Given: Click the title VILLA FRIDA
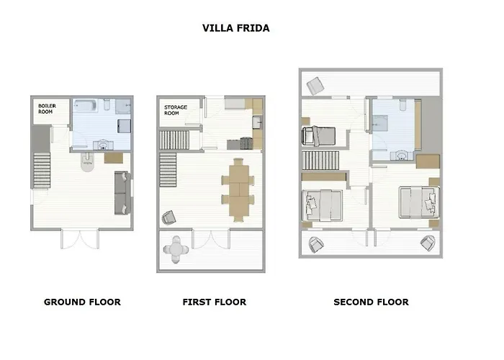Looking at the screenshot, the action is point(236,28).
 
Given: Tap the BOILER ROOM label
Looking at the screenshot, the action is point(48,109).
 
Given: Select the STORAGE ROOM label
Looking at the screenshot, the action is point(176,110).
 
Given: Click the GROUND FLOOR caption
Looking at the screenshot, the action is point(82,302).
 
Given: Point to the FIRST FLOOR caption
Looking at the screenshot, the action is point(215,302).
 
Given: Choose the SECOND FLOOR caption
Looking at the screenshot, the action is point(372,302).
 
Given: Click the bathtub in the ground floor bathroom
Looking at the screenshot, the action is point(85,105).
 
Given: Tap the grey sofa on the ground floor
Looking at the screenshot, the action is point(122,193).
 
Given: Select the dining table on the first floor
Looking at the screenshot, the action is point(239,190).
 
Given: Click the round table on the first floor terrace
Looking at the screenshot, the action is point(176,249).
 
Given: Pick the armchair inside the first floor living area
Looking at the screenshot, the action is point(169,217).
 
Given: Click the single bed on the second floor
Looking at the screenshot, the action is point(318,136).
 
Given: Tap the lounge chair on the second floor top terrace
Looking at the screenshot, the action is point(315,86).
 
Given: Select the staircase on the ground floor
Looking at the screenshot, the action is point(42,171).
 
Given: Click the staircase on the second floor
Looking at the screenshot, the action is point(321,161).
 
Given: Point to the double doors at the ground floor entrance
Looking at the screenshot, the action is point(80,239).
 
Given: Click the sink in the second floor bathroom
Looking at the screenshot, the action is point(402,156).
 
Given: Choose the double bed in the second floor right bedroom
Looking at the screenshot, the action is point(419,202).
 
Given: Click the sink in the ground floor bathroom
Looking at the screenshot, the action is point(103,145).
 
